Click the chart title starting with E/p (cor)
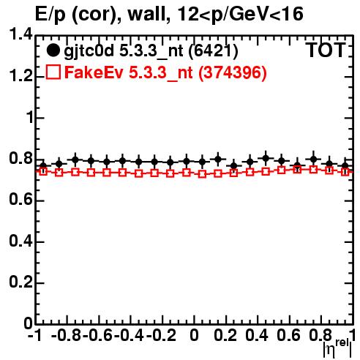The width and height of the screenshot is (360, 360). click(x=169, y=15)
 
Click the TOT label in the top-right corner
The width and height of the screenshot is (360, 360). click(x=326, y=50)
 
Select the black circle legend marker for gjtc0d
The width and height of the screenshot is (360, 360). click(x=53, y=50)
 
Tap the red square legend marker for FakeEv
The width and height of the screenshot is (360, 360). click(x=53, y=72)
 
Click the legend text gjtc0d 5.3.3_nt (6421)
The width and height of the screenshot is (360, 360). click(x=151, y=51)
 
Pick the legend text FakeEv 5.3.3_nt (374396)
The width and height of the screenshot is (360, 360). click(x=165, y=72)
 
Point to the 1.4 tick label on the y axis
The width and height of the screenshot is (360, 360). click(x=20, y=34)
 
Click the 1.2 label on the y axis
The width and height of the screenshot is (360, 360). click(x=20, y=76)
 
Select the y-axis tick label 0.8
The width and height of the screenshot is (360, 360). click(x=20, y=159)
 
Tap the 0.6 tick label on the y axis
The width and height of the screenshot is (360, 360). click(x=20, y=200)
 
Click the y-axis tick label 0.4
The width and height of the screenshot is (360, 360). click(x=20, y=241)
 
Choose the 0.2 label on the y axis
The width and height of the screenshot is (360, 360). click(x=20, y=282)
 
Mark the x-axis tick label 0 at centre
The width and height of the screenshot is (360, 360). click(x=194, y=335)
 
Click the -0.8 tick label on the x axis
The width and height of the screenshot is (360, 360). click(x=66, y=335)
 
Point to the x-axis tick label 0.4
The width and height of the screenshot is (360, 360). click(x=257, y=335)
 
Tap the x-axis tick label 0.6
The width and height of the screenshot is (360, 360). click(x=288, y=335)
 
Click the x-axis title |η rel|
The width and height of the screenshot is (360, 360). click(x=337, y=348)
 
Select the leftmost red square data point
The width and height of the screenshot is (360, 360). click(x=43, y=171)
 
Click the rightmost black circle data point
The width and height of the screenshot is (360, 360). click(x=345, y=166)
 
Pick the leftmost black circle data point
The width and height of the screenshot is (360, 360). click(x=43, y=166)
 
